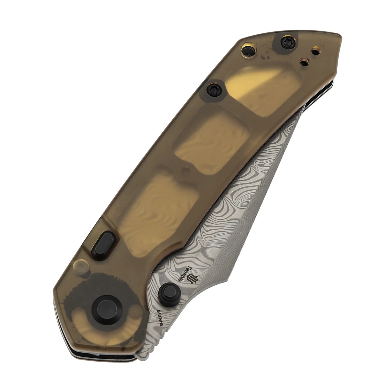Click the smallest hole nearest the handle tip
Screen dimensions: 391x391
316,51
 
